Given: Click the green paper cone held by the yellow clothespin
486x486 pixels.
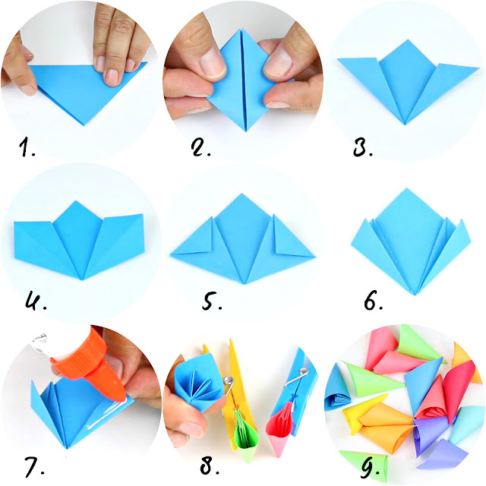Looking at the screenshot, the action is [x=245, y=434].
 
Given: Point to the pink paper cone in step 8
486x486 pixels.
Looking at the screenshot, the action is [x=279, y=428].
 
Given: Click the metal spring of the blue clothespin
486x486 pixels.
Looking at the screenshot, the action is [x=296, y=377].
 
